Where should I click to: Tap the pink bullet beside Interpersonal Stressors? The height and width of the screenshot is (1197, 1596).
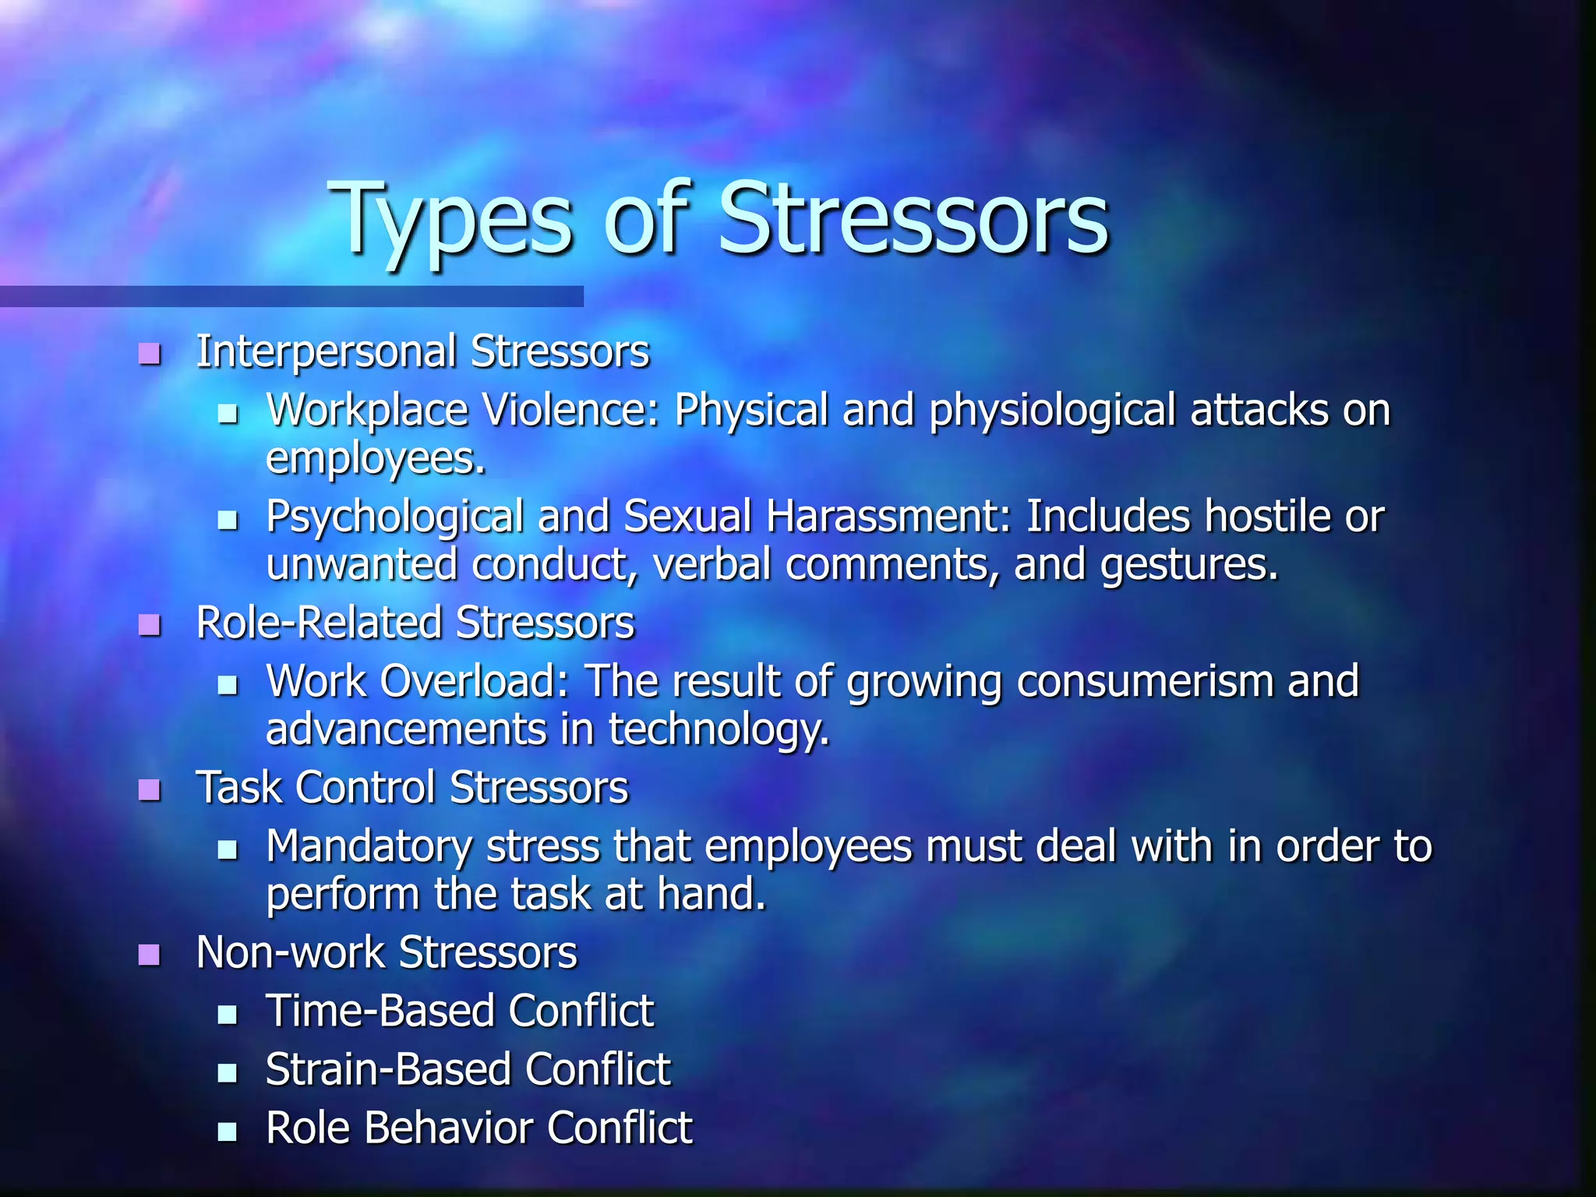click(149, 355)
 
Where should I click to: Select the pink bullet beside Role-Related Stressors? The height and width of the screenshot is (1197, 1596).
click(149, 625)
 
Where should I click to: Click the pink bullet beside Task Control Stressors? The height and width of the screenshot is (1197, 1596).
click(149, 790)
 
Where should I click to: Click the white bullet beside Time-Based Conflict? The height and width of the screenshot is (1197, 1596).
click(227, 1014)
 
